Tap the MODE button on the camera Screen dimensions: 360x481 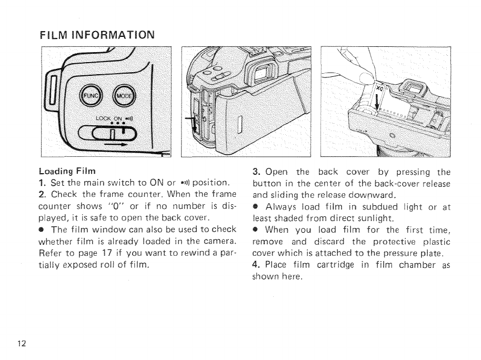pyautogui.click(x=125, y=96)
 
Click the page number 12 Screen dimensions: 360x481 pyautogui.click(x=22, y=344)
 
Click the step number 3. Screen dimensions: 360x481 pyautogui.click(x=256, y=172)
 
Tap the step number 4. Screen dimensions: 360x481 pyautogui.click(x=256, y=265)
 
